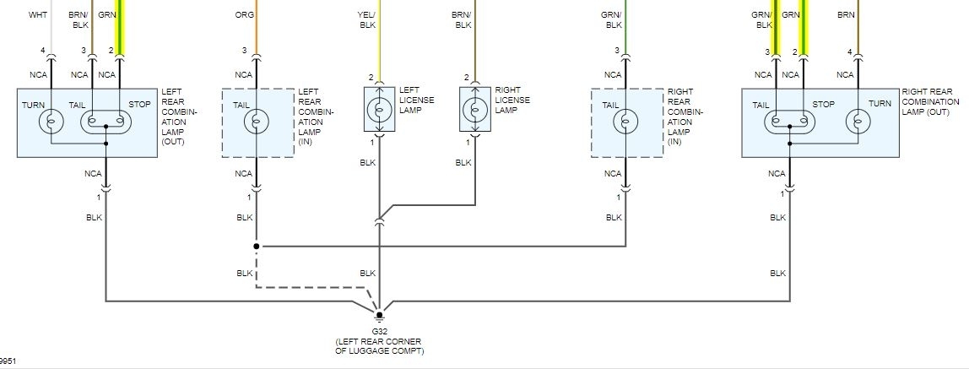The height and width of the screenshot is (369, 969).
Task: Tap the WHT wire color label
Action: click(x=38, y=15)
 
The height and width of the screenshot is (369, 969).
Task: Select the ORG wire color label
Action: click(x=245, y=15)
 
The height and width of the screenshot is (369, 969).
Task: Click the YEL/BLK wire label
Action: click(x=367, y=20)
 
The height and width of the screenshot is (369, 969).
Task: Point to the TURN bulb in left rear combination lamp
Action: click(x=51, y=122)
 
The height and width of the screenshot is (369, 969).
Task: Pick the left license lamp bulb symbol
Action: click(x=379, y=111)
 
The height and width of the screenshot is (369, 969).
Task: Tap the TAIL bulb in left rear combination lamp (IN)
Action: click(x=257, y=122)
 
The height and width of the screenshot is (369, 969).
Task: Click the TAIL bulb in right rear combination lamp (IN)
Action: click(x=625, y=122)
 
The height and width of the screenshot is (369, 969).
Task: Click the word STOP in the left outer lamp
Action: click(x=139, y=104)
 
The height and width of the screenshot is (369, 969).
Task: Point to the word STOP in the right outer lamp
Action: click(x=823, y=104)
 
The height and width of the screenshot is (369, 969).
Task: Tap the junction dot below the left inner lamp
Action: click(x=257, y=247)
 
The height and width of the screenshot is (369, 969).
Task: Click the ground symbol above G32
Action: click(x=379, y=317)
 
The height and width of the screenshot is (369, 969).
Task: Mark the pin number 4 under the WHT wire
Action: click(x=42, y=52)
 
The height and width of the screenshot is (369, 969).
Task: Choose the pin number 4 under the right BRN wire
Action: click(x=850, y=52)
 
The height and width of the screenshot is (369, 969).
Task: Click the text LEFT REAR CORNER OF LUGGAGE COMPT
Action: click(x=379, y=346)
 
